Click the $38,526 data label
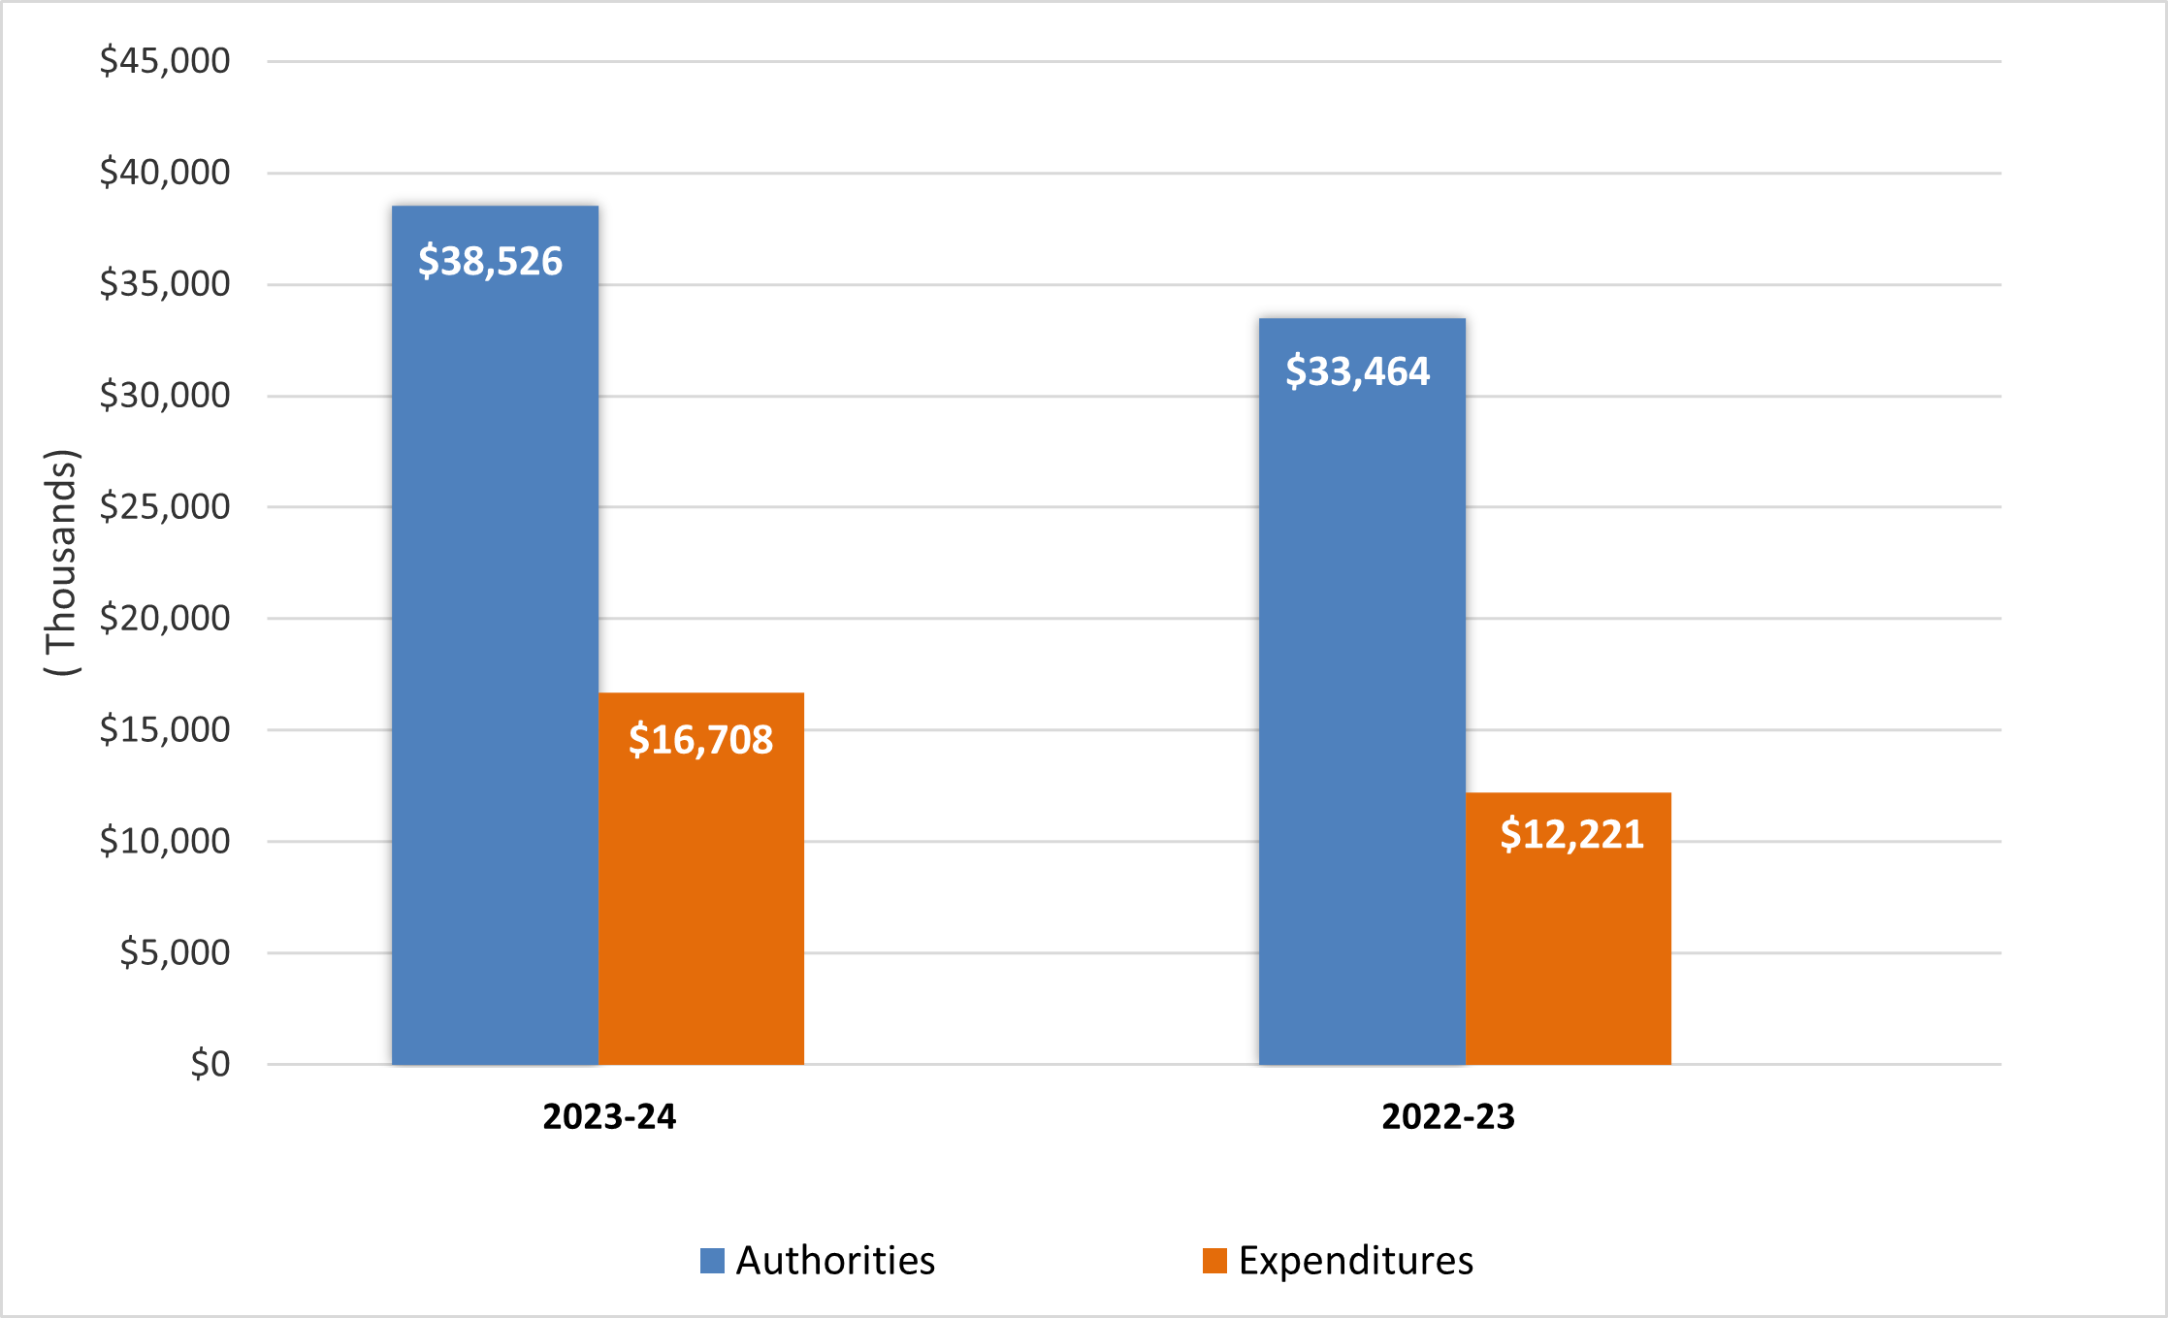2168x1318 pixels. (x=490, y=261)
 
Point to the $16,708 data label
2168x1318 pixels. (x=700, y=740)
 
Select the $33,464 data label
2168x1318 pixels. (x=1357, y=371)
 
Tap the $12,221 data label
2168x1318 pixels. (x=1571, y=834)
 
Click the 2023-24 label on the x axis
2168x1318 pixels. (x=609, y=1116)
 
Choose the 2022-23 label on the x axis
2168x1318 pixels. (x=1447, y=1116)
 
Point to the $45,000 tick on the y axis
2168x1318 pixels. (x=165, y=61)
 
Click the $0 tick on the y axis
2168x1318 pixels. (x=210, y=1064)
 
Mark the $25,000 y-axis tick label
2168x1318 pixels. (x=165, y=506)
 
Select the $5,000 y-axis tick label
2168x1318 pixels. (x=175, y=952)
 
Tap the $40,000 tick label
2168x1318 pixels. (x=165, y=173)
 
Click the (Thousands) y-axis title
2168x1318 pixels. (x=61, y=563)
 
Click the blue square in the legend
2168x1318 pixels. (x=712, y=1261)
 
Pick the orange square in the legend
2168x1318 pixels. (x=1214, y=1261)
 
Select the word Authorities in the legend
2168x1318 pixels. (x=835, y=1261)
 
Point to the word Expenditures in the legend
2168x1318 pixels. (x=1355, y=1261)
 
